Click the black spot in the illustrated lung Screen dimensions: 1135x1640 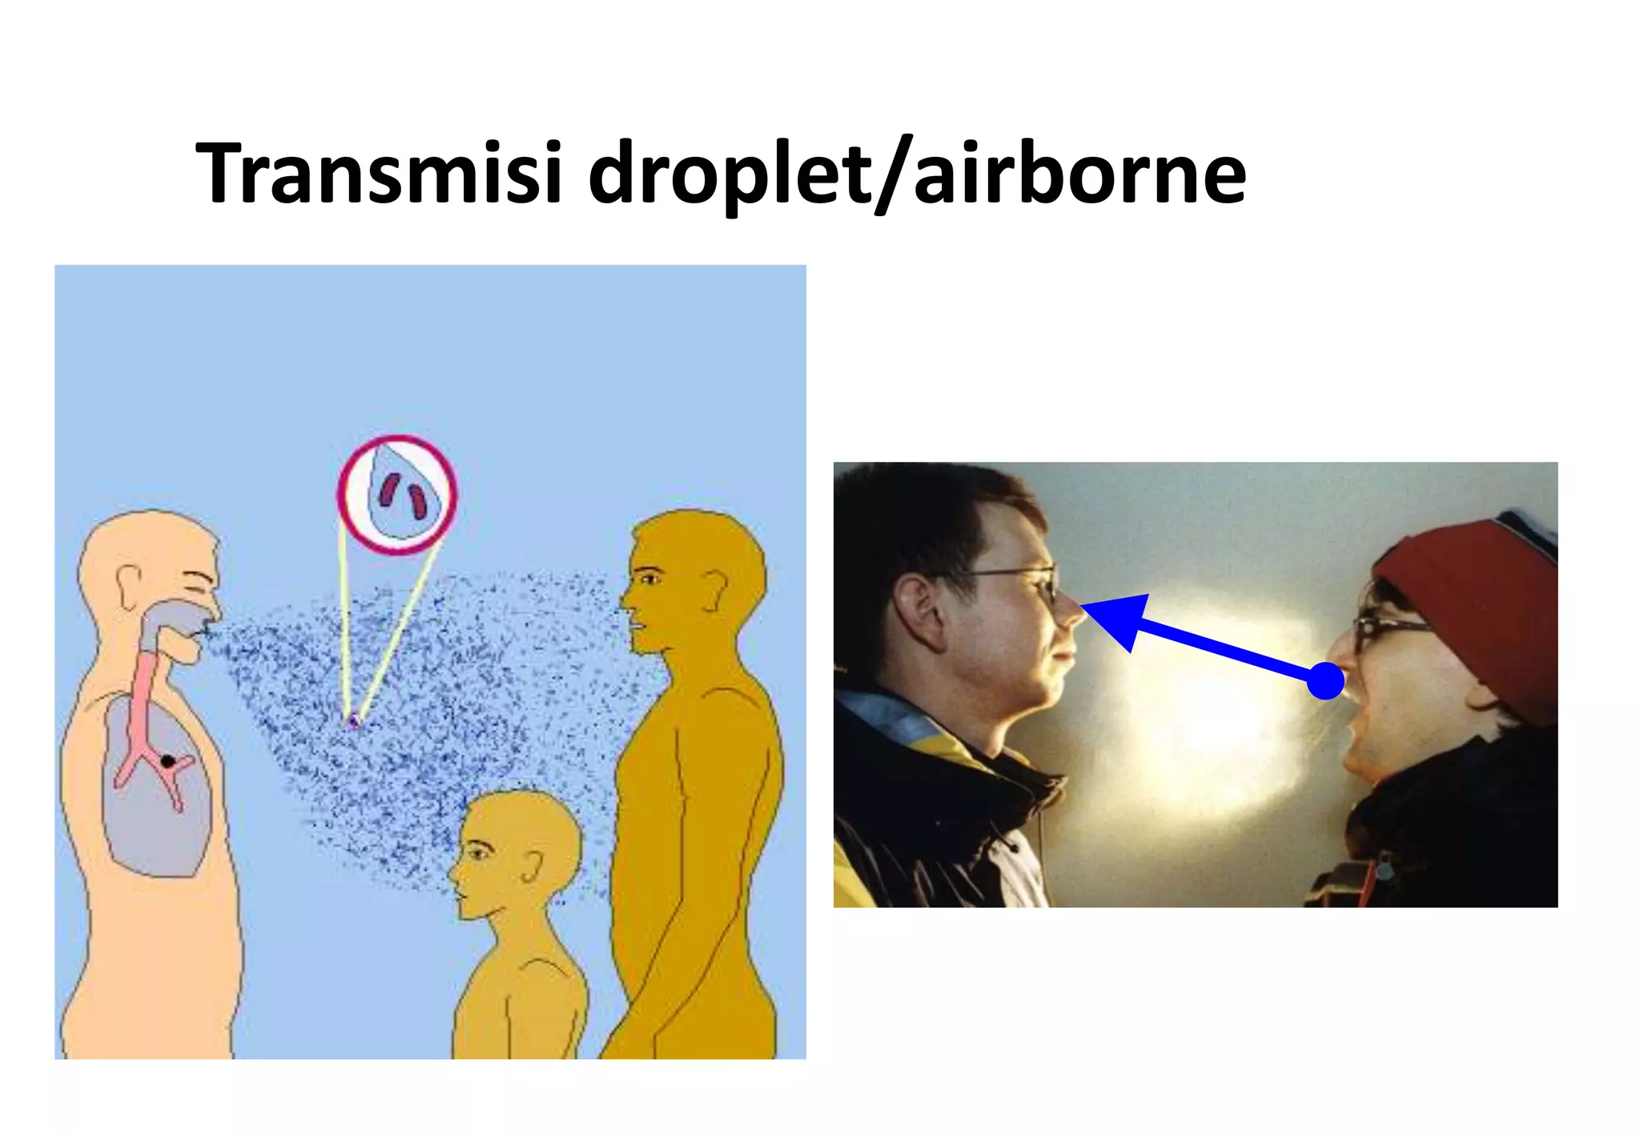click(x=167, y=760)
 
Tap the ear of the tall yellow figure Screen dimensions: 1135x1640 click(x=713, y=591)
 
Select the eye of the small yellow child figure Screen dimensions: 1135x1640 click(x=478, y=852)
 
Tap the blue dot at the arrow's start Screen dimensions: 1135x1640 click(x=1325, y=680)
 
